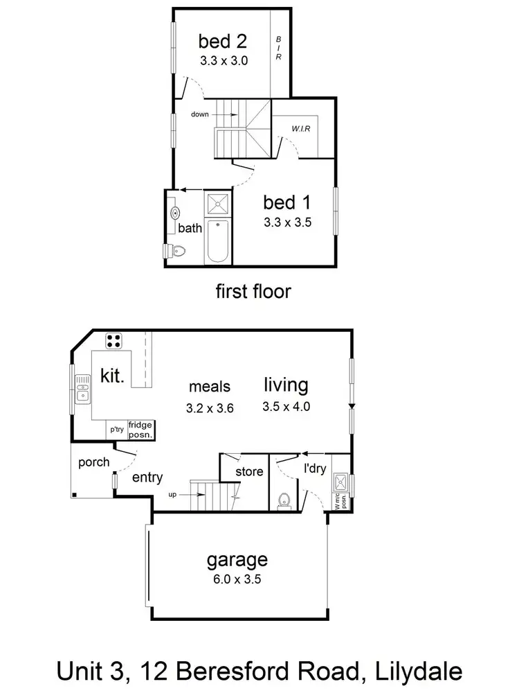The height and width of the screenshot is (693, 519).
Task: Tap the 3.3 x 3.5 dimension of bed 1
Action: tap(288, 223)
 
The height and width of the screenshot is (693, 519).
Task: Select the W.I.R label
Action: tap(301, 128)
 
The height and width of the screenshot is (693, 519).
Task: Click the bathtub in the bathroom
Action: tap(218, 240)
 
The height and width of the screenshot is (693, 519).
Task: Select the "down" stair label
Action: tap(199, 114)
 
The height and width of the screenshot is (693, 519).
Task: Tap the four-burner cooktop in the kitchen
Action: tap(114, 341)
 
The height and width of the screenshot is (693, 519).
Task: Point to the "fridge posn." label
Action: tap(140, 430)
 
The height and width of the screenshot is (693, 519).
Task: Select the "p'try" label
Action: tap(115, 430)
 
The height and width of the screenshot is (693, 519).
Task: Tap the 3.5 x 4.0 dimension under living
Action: tap(286, 407)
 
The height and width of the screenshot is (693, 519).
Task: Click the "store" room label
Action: tap(249, 472)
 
